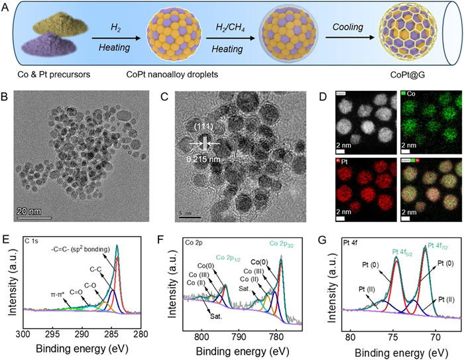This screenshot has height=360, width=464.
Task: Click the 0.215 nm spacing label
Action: (202, 158)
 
